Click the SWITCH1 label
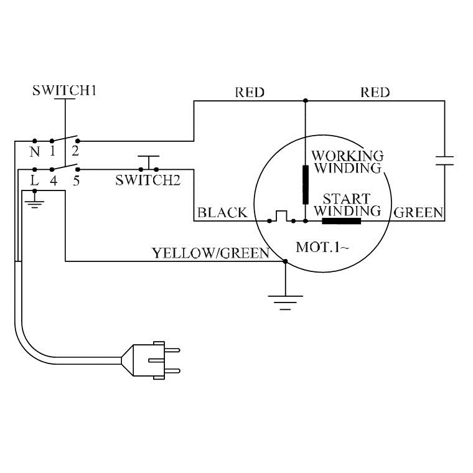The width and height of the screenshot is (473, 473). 65,91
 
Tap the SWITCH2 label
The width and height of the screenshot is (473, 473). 148,181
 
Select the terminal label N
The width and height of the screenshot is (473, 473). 35,152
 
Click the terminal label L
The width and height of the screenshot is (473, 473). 35,180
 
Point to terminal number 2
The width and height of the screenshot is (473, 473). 77,152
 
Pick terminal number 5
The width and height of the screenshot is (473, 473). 77,180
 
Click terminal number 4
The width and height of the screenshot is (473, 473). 54,180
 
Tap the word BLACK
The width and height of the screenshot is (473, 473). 222,213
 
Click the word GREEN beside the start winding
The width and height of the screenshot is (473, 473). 419,213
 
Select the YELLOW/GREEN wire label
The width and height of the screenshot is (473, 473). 210,253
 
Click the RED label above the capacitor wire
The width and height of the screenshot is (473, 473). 375,93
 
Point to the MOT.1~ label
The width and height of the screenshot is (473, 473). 322,247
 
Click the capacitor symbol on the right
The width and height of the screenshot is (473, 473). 444,160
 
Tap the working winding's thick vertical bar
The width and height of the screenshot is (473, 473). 306,184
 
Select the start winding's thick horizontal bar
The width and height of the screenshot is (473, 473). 341,220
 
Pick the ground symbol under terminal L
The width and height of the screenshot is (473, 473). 35,202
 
